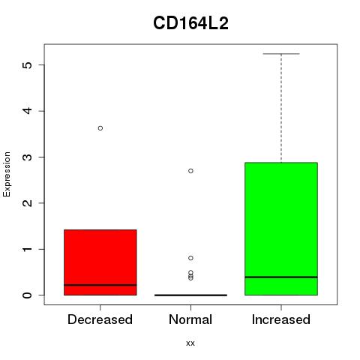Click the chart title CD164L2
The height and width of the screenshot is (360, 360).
190,23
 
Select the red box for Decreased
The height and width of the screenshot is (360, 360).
100,262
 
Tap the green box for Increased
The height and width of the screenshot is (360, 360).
281,229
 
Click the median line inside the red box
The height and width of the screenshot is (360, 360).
100,285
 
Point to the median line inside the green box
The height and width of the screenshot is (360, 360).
281,277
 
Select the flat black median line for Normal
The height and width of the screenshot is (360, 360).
190,295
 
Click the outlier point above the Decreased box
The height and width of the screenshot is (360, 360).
100,128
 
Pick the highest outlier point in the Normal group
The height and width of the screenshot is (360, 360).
190,171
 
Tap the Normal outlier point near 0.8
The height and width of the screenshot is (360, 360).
190,258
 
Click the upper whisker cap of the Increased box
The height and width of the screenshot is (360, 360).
281,54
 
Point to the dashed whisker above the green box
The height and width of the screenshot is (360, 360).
281,108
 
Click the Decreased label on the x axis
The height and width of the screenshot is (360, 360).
100,319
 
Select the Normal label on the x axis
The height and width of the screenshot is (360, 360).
190,319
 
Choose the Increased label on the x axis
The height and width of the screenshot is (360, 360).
281,319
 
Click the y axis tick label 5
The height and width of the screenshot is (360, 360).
28,65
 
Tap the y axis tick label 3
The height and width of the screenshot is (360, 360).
28,157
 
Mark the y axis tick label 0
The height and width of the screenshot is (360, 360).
28,295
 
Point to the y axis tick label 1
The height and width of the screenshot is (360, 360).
28,249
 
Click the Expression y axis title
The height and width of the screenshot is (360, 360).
7,174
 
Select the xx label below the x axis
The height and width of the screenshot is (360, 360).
190,343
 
